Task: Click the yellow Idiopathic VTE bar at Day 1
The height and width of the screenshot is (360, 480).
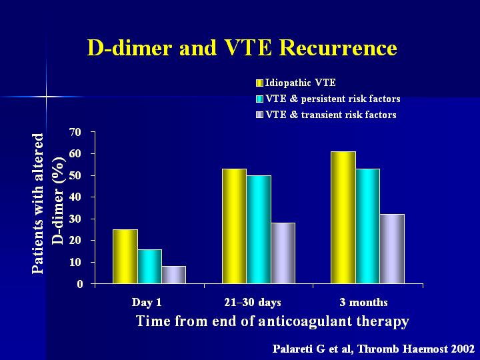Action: (125, 257)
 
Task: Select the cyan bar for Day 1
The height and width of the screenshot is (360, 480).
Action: (150, 267)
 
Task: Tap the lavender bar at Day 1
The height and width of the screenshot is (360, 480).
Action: (173, 275)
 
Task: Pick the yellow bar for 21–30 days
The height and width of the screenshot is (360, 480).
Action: (234, 226)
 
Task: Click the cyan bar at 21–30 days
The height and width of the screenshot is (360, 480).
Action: (259, 229)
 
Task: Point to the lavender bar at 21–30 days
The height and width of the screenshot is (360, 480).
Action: (283, 253)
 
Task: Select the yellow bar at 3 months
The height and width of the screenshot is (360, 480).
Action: (343, 217)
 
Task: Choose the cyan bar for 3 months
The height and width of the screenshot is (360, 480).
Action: (367, 226)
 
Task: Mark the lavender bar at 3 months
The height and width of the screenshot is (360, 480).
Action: (392, 249)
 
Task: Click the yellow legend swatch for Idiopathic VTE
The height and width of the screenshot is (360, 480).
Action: (259, 83)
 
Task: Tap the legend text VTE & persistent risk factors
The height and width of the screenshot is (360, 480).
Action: (333, 99)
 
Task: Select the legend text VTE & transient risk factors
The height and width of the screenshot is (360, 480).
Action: (331, 115)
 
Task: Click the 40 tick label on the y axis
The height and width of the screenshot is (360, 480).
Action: (77, 197)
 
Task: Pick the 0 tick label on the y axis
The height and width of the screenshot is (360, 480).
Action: (79, 285)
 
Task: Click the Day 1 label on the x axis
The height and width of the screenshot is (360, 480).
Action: (147, 303)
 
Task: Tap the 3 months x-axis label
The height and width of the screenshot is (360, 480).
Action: (364, 303)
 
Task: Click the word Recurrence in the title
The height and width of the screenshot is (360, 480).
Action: (338, 48)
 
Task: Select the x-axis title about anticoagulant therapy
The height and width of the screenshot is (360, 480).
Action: (273, 321)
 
